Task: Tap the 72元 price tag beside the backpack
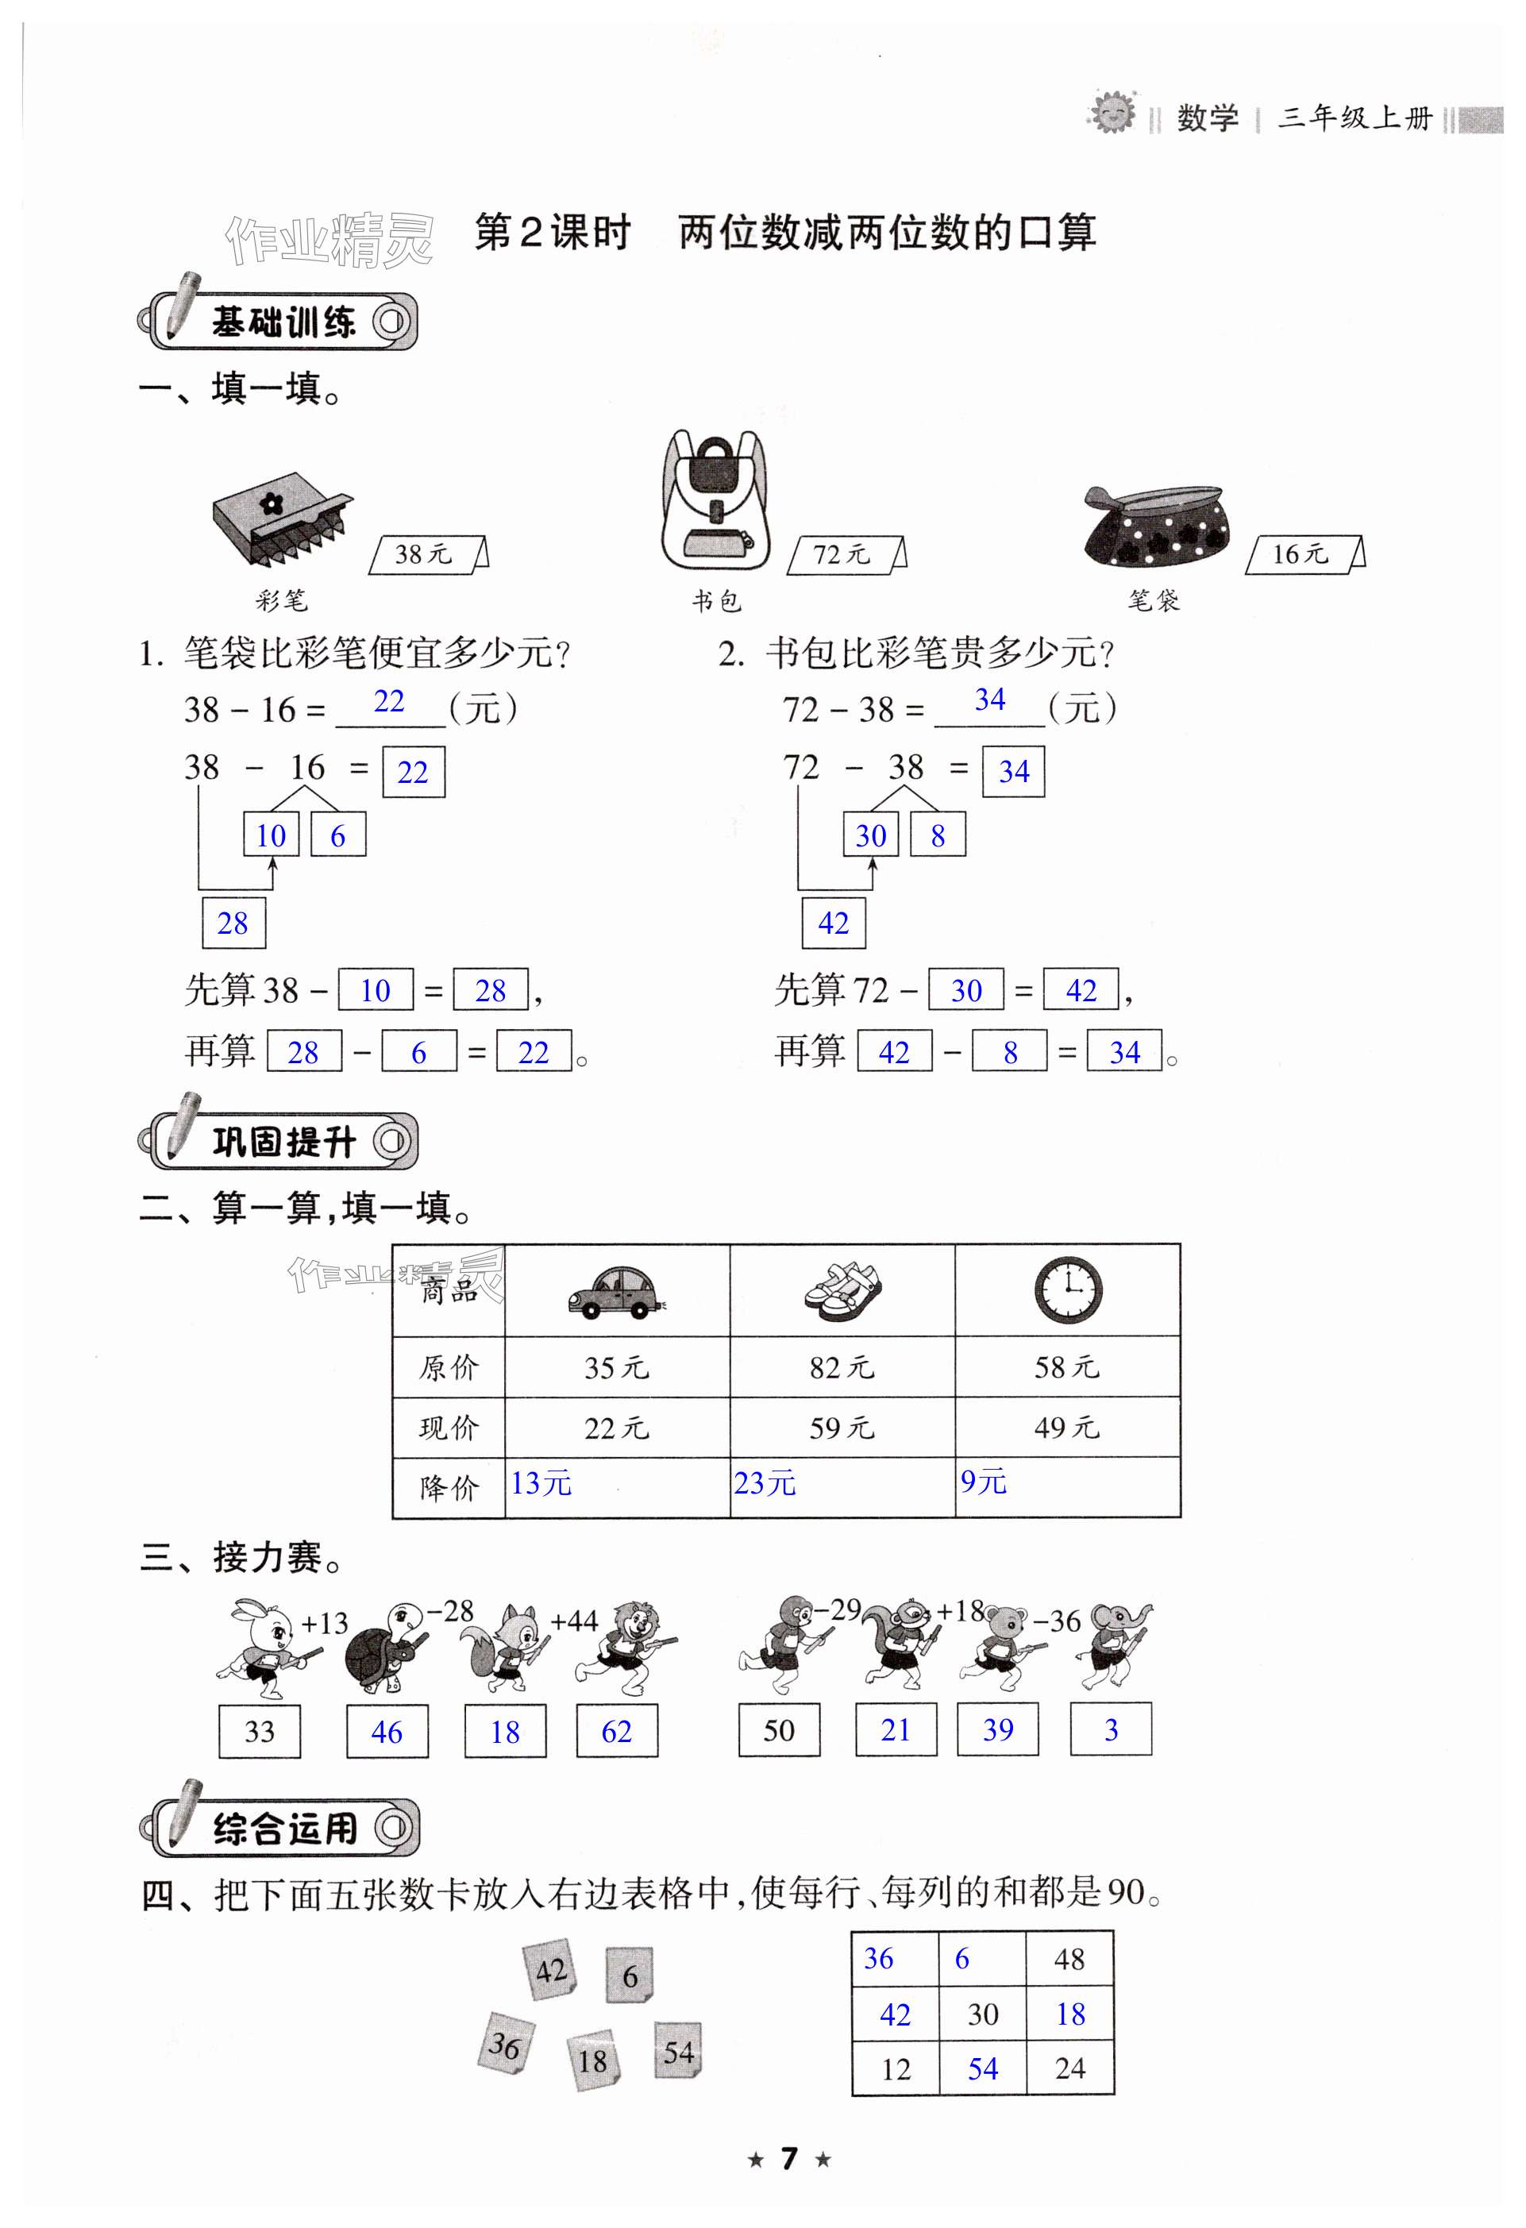[x=845, y=555]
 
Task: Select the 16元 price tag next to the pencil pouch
[x=1304, y=554]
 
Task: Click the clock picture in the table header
[x=1068, y=1289]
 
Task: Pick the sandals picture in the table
[x=842, y=1290]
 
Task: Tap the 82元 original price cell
[x=842, y=1367]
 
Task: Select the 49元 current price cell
[x=1067, y=1428]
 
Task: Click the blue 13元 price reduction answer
[x=541, y=1483]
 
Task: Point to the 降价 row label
[x=449, y=1488]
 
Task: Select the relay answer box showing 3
[x=1111, y=1729]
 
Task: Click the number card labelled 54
[x=678, y=2051]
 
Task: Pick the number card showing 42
[x=550, y=1971]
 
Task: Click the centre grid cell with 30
[x=982, y=2014]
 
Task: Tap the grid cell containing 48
[x=1069, y=1959]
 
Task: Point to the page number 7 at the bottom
[x=789, y=2158]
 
